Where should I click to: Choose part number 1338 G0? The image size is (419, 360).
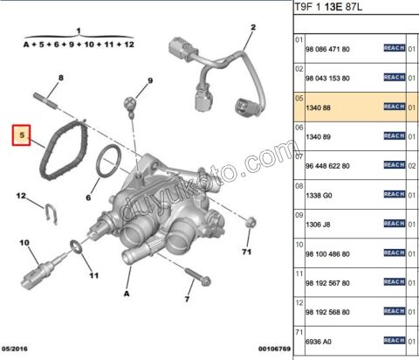click(320, 194)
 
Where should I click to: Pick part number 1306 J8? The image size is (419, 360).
click(319, 223)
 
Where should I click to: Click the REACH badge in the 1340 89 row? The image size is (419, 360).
click(395, 135)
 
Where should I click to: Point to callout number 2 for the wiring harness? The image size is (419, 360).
click(252, 28)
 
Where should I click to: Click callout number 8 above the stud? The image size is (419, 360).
click(149, 80)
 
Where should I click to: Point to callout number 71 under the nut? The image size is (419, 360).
click(247, 253)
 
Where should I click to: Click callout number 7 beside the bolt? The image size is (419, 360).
click(187, 300)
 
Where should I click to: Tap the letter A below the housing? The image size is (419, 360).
click(127, 294)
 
